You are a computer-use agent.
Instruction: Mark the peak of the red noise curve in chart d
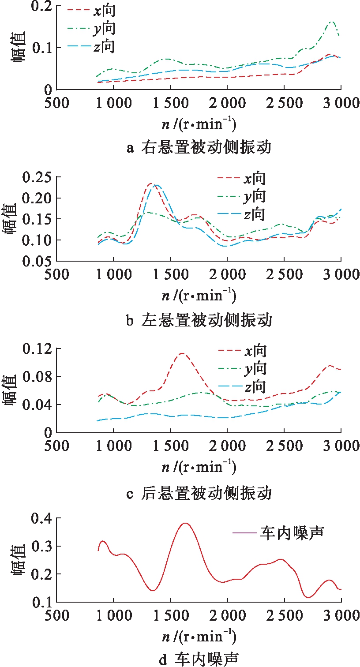(x=185, y=523)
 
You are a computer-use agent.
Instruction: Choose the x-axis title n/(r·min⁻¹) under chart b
(x=199, y=296)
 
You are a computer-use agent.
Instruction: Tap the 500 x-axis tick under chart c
(x=57, y=446)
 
